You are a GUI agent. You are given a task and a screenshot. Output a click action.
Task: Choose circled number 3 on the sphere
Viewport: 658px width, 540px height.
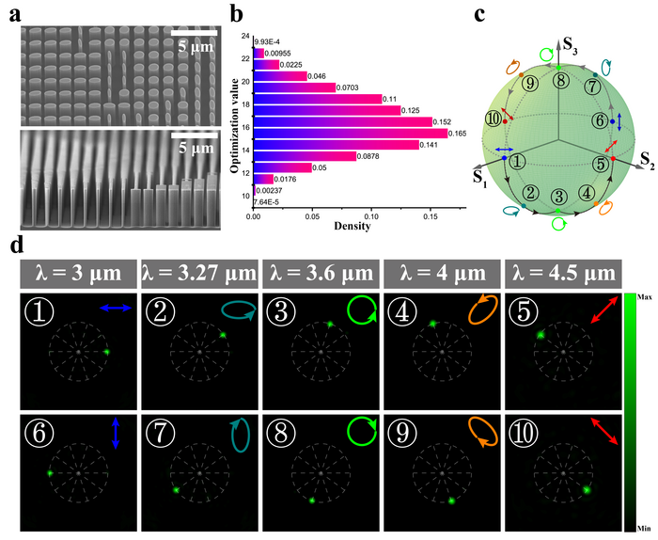pyautogui.click(x=558, y=197)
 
